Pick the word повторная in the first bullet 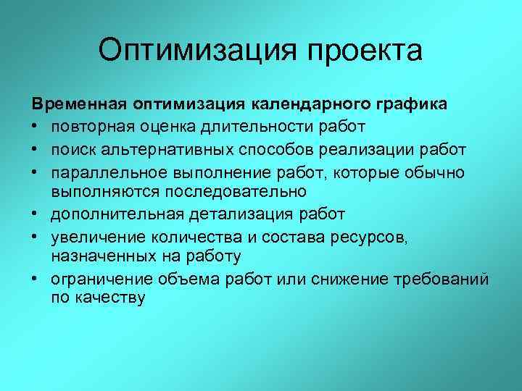click(x=90, y=127)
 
